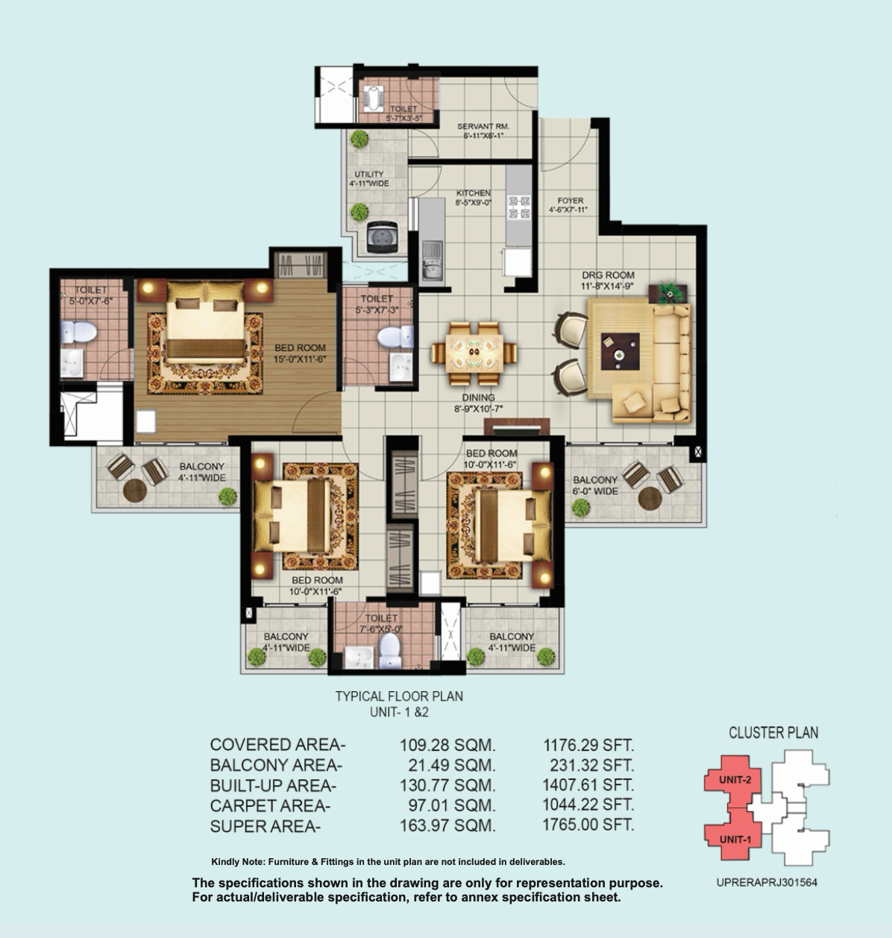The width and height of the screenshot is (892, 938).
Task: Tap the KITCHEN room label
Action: pyautogui.click(x=473, y=193)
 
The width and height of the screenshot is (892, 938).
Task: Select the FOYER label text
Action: pyautogui.click(x=570, y=201)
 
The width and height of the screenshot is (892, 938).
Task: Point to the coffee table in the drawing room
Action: pyautogui.click(x=620, y=351)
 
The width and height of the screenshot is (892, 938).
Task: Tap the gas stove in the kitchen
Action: pyautogui.click(x=519, y=207)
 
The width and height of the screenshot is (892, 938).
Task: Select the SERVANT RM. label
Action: pyautogui.click(x=483, y=127)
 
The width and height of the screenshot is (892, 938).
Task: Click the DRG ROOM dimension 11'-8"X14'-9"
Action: pyautogui.click(x=607, y=286)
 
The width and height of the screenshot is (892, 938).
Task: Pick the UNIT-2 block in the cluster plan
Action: pyautogui.click(x=734, y=780)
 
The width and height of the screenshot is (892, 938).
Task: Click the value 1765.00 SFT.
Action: pyautogui.click(x=588, y=825)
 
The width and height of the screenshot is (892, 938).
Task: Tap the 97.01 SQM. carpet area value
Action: pyautogui.click(x=451, y=805)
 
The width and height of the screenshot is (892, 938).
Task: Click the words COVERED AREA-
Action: pyautogui.click(x=277, y=744)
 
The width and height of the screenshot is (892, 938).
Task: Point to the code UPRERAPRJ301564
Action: pyautogui.click(x=767, y=883)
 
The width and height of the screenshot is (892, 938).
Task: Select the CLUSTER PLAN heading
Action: pyautogui.click(x=773, y=732)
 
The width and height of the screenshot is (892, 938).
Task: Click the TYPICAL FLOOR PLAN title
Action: pyautogui.click(x=399, y=696)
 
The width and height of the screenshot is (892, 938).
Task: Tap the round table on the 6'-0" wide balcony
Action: pyautogui.click(x=650, y=498)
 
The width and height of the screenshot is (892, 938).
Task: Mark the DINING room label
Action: pyautogui.click(x=478, y=397)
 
